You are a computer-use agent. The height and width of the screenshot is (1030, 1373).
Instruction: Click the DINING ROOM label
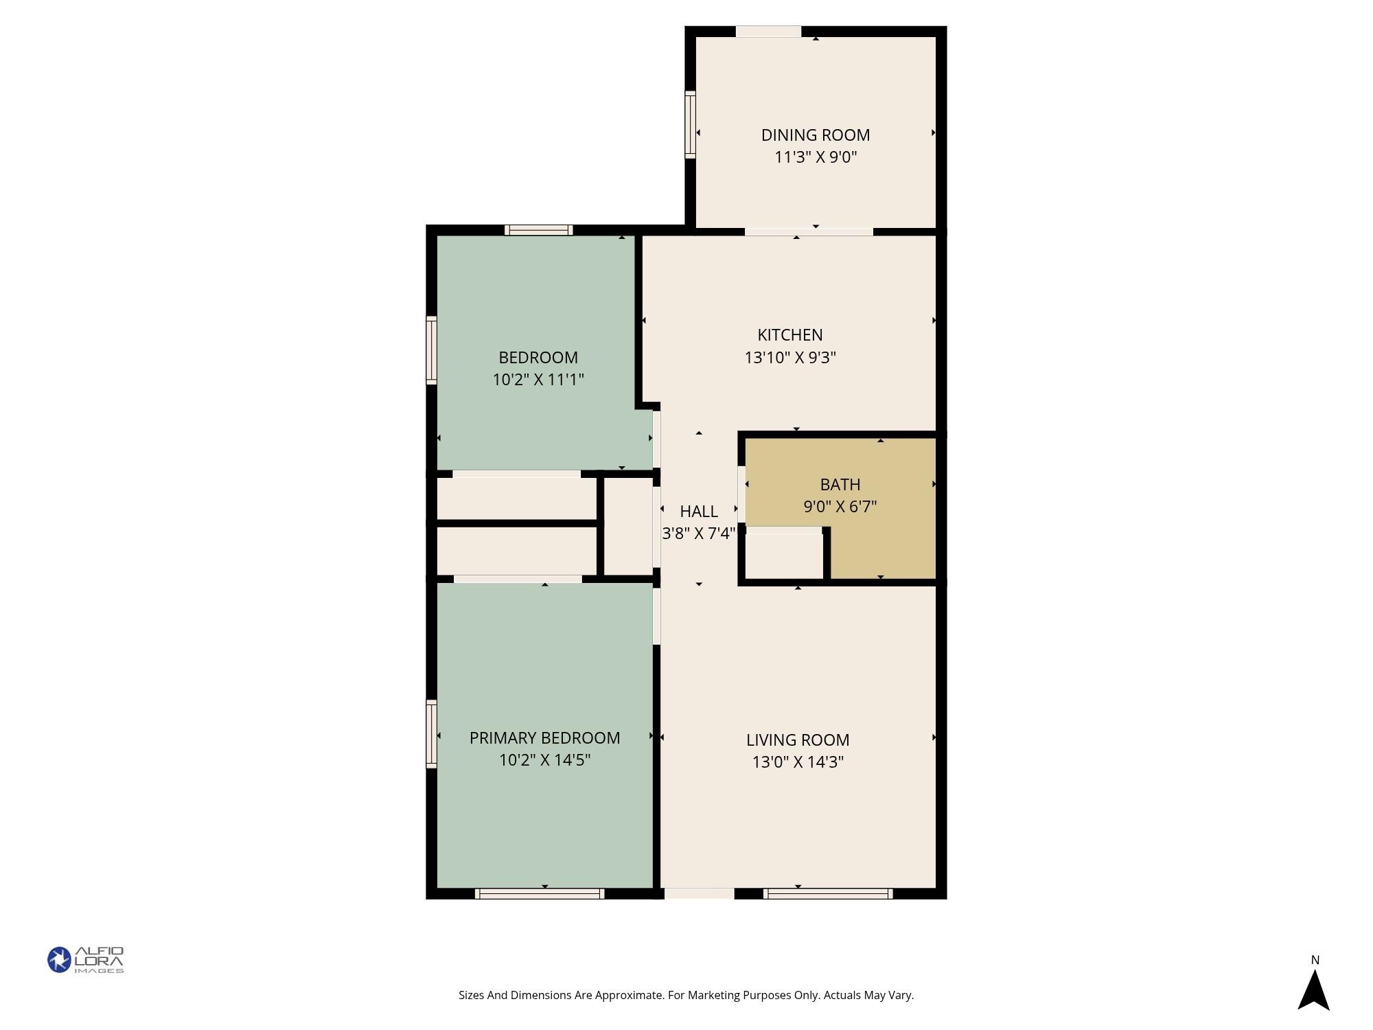(816, 135)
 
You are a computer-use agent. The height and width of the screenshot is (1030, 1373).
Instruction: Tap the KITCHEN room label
(790, 335)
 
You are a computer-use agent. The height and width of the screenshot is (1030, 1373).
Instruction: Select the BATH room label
(840, 485)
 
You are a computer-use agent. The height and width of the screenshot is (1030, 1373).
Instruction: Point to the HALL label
(699, 512)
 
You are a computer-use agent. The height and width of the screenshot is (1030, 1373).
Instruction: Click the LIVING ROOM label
(798, 740)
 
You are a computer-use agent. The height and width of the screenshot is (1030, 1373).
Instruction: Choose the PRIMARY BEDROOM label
(544, 738)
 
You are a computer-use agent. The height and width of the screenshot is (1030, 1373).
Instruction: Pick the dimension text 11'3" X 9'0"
(816, 157)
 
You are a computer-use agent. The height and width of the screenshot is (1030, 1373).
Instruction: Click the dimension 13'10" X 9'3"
(790, 358)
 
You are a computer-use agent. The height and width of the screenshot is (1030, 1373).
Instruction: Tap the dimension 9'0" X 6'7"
(840, 507)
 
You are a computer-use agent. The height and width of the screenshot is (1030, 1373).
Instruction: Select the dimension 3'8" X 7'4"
(699, 534)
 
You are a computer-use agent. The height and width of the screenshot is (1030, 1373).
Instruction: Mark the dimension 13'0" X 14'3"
(798, 762)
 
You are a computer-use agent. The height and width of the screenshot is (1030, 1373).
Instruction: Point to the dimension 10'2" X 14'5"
(544, 760)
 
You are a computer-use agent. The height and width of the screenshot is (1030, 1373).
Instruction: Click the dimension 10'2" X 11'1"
(538, 380)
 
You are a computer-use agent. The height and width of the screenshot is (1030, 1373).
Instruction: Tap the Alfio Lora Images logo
(86, 960)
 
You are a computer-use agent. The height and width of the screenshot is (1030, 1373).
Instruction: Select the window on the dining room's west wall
(690, 125)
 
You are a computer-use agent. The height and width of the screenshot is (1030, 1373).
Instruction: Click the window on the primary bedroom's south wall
(540, 893)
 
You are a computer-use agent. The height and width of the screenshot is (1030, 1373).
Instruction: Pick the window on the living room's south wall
(828, 893)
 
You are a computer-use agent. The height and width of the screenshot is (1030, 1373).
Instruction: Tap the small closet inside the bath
(784, 556)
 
